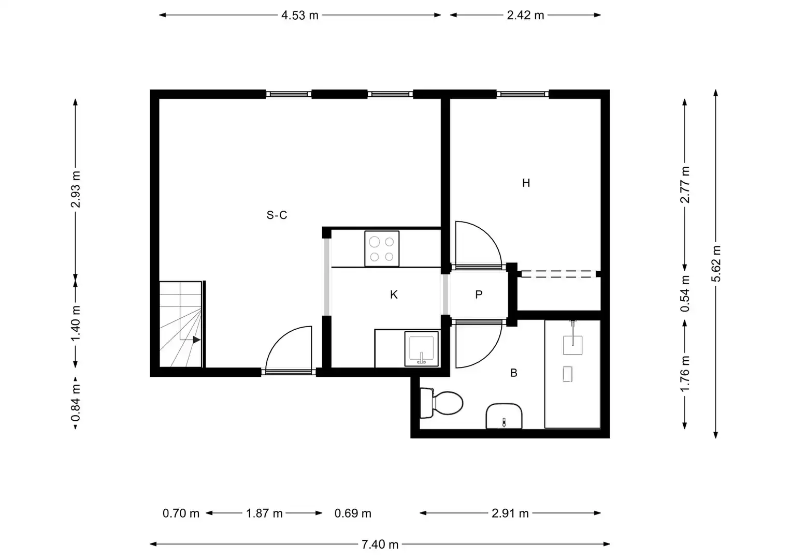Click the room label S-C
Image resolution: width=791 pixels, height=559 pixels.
[x=277, y=215]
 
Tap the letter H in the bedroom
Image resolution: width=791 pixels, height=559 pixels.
[x=526, y=183]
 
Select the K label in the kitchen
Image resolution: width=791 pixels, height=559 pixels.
[x=394, y=295]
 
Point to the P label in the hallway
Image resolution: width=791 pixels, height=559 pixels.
[x=479, y=295]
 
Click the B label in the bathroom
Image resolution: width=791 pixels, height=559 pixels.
[x=514, y=373]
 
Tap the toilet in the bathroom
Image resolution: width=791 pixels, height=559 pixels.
[x=441, y=403]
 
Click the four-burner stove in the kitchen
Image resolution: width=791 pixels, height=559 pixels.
[x=382, y=248]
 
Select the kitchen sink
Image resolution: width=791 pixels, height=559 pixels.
[x=421, y=348]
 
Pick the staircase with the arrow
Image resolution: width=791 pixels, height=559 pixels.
[x=181, y=324]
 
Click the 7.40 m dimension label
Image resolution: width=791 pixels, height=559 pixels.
[x=380, y=545]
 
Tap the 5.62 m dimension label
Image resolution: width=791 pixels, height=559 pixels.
[x=715, y=263]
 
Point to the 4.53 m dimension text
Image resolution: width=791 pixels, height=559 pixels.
[x=300, y=15]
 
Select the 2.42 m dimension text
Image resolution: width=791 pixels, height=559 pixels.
[x=525, y=15]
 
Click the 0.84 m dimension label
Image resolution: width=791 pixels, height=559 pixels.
[x=76, y=403]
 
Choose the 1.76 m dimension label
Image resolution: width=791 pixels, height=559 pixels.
[x=685, y=374]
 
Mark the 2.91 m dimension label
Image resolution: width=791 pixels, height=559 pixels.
[x=510, y=513]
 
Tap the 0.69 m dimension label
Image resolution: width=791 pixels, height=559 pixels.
[x=353, y=513]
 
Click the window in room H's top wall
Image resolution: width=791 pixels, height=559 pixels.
[x=523, y=94]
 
